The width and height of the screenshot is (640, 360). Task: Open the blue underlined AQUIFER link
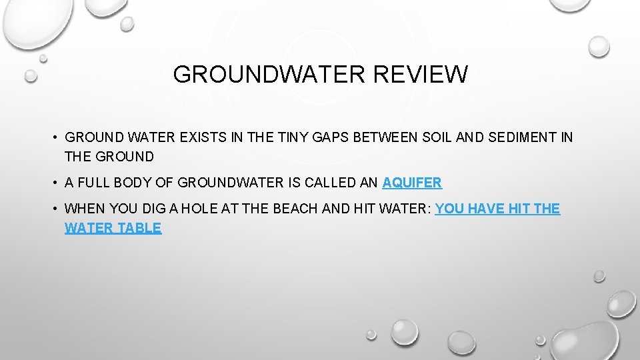tap(412, 183)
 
